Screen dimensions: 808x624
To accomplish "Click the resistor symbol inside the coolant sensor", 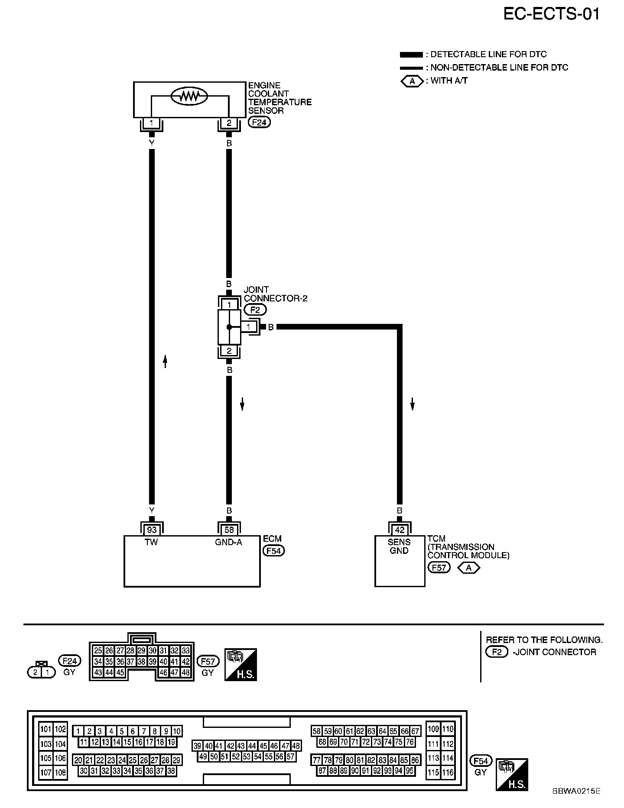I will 189,96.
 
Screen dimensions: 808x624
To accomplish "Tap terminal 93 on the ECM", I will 152,530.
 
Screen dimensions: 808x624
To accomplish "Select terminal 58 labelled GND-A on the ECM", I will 229,530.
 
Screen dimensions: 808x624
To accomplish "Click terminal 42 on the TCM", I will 400,530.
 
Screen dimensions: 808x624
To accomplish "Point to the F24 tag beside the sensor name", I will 259,123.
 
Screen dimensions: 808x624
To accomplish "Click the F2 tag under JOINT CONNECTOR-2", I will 255,310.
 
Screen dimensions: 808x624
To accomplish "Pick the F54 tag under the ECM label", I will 274,551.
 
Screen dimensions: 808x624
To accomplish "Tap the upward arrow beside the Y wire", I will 165,361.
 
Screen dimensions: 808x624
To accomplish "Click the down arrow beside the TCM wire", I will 413,404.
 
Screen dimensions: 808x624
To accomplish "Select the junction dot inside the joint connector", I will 229,327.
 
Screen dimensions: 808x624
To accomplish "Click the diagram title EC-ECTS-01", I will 551,14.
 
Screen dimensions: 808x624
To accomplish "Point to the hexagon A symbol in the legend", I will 412,81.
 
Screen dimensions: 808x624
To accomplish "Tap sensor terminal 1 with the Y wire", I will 151,123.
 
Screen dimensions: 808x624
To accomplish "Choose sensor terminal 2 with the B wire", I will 229,123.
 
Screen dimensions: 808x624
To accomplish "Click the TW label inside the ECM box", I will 151,542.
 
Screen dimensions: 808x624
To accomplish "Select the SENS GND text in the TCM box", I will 399,546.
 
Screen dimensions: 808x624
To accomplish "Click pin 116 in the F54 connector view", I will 448,772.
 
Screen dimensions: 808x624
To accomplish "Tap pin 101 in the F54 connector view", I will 46,729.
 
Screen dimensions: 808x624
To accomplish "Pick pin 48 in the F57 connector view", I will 186,672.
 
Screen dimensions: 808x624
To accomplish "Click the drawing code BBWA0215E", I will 576,791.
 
